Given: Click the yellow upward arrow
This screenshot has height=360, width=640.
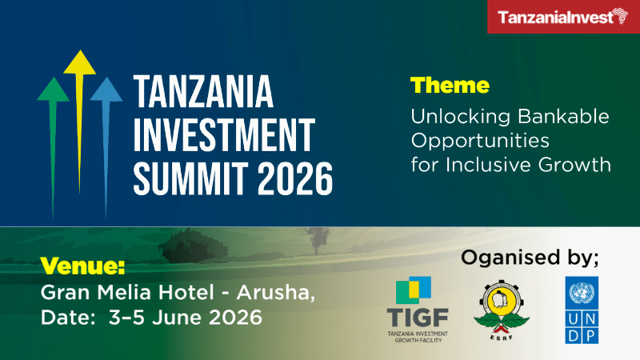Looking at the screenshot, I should pyautogui.click(x=80, y=104).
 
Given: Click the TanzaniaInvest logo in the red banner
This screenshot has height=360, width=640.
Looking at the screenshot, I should pyautogui.click(x=560, y=17).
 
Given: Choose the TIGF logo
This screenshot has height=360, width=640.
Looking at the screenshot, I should pyautogui.click(x=417, y=308).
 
